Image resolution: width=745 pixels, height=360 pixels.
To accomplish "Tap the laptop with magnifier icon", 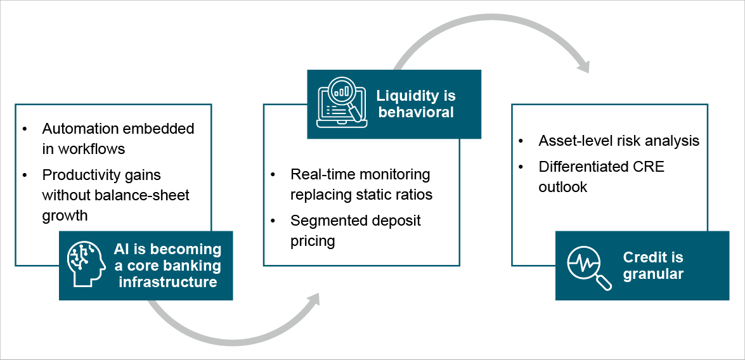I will click(339, 104).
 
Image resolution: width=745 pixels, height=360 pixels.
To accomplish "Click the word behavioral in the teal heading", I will click(415, 112).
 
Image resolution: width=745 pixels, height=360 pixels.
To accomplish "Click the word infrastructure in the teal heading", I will click(167, 281).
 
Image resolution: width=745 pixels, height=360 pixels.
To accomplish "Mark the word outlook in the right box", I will click(563, 187).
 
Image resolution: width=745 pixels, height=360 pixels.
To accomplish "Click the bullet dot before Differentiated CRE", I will click(521, 167).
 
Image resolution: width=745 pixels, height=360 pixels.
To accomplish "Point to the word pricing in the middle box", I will click(313, 241).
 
